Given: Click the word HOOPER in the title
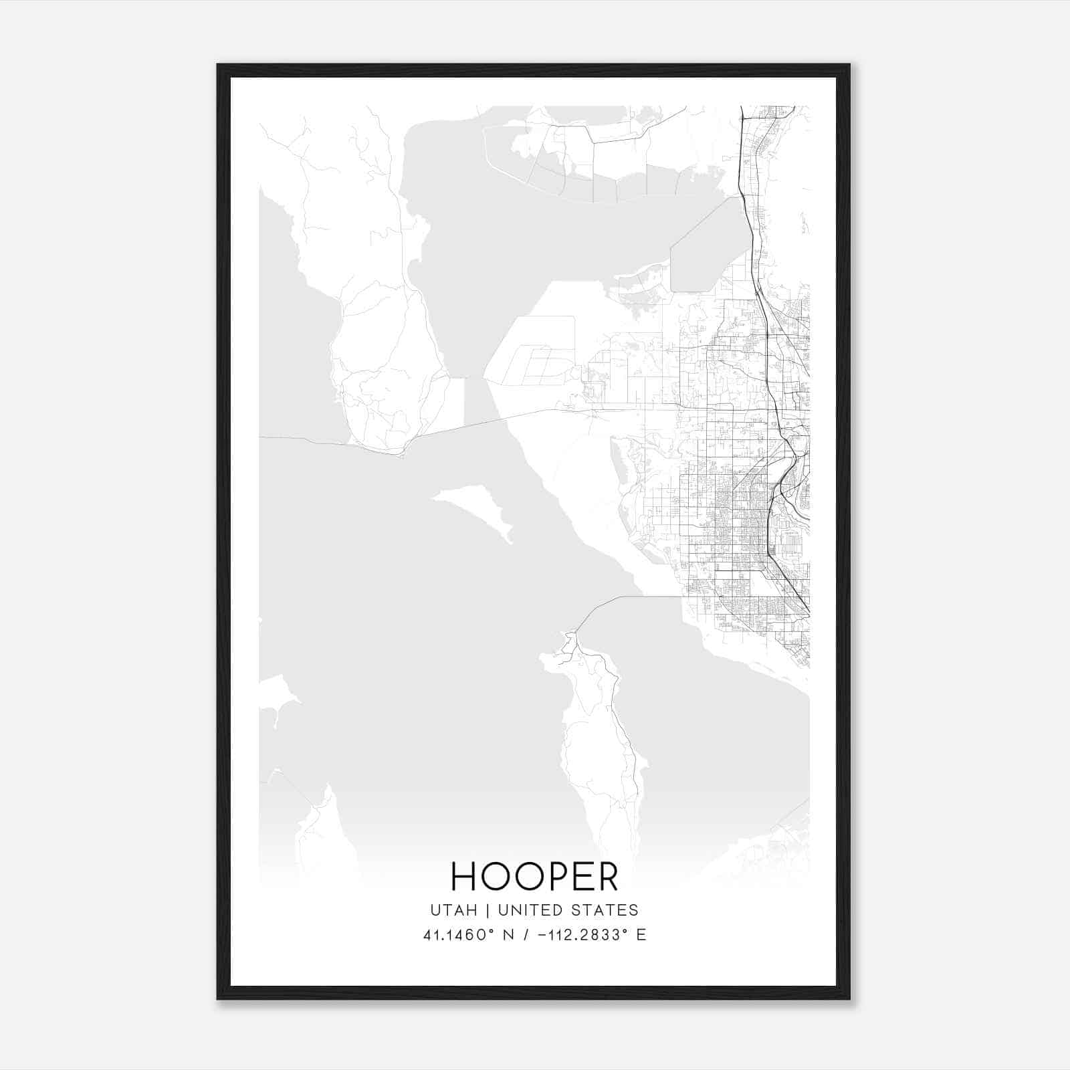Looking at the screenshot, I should pos(534,876).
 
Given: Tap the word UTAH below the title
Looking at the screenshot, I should pos(453,910).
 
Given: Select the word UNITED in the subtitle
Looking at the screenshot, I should pos(530,910).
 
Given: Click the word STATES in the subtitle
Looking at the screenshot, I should pos(605,910).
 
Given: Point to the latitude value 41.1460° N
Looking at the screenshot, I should pos(468,935).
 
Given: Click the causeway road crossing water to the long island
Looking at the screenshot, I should pos(622,597).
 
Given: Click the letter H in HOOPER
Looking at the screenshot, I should pos(463,876).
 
